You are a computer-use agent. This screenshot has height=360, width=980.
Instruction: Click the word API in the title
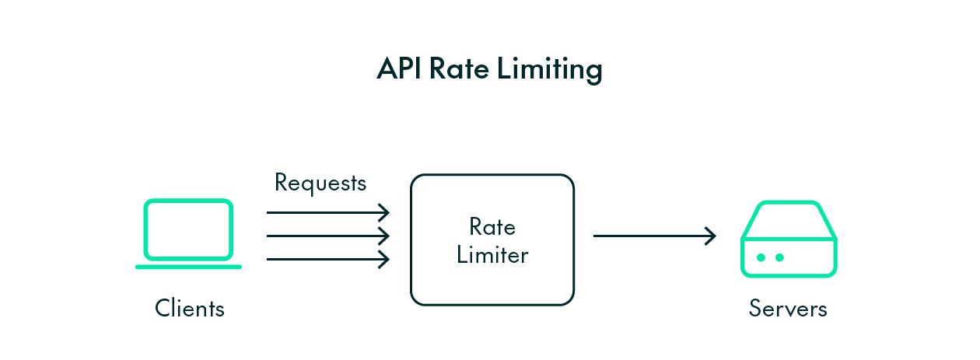click(399, 69)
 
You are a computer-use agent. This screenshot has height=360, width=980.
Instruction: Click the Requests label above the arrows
click(320, 183)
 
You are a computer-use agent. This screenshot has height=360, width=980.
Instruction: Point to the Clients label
click(189, 309)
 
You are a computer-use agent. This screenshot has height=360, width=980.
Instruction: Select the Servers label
click(788, 309)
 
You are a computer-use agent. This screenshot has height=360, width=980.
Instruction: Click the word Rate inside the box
click(492, 227)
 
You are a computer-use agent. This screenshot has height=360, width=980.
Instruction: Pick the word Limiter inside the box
click(492, 255)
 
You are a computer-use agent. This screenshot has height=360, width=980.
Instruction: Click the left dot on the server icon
click(761, 257)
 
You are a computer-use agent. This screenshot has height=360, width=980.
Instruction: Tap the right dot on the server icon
click(779, 257)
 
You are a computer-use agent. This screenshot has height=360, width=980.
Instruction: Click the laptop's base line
click(188, 267)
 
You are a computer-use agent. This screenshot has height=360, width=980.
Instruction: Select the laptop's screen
click(188, 229)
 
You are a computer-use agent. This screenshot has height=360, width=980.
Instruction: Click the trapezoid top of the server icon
click(789, 221)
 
